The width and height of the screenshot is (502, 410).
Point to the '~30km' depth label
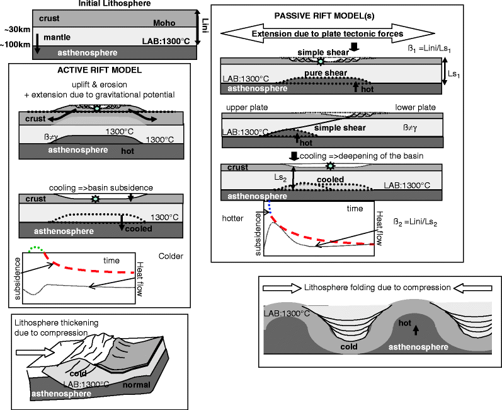(15, 30)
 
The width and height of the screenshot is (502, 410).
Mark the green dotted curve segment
(39, 249)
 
